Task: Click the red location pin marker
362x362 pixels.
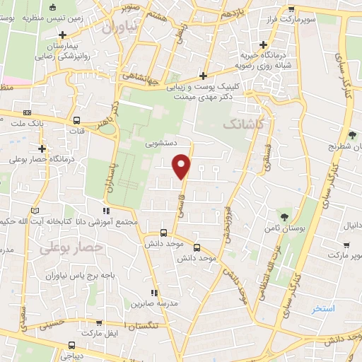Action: [182, 165]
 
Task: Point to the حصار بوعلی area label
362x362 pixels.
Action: [71, 247]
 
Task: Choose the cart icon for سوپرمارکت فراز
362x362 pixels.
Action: [291, 8]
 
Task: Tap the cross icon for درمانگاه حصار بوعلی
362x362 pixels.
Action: [43, 148]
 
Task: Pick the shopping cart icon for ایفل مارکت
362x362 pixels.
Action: [110, 332]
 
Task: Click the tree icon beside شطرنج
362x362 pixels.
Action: [352, 135]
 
